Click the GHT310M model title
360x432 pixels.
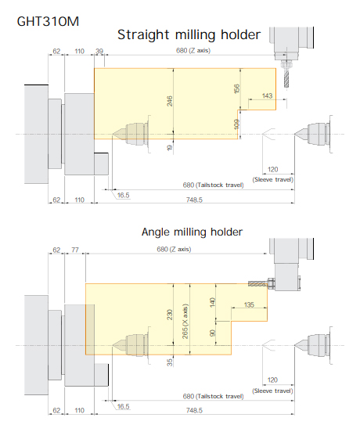pyautogui.click(x=48, y=21)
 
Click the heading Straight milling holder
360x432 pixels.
pyautogui.click(x=189, y=35)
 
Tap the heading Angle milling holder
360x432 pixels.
pyautogui.click(x=192, y=232)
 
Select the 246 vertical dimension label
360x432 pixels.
pyautogui.click(x=170, y=101)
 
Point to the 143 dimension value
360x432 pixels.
pyautogui.click(x=267, y=95)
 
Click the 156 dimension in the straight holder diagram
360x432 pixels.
pyautogui.click(x=236, y=88)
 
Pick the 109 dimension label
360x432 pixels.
pyautogui.click(x=236, y=124)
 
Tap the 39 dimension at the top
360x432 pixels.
pyautogui.click(x=99, y=51)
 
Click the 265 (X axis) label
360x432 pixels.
pyautogui.click(x=185, y=322)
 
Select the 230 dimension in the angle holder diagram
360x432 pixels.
pyautogui.click(x=170, y=315)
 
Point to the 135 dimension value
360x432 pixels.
pyautogui.click(x=249, y=304)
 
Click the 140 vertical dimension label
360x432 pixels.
pyautogui.click(x=212, y=303)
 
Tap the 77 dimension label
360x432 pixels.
pyautogui.click(x=75, y=250)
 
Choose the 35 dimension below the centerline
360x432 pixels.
pyautogui.click(x=170, y=362)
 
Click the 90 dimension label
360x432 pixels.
pyautogui.click(x=212, y=333)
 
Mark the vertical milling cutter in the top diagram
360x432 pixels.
pyautogui.click(x=286, y=78)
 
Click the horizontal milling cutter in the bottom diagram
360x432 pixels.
pyautogui.click(x=257, y=283)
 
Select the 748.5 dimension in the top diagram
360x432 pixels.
pyautogui.click(x=194, y=200)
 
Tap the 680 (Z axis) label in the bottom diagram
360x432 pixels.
pyautogui.click(x=174, y=250)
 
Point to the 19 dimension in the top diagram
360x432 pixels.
pyautogui.click(x=170, y=148)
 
